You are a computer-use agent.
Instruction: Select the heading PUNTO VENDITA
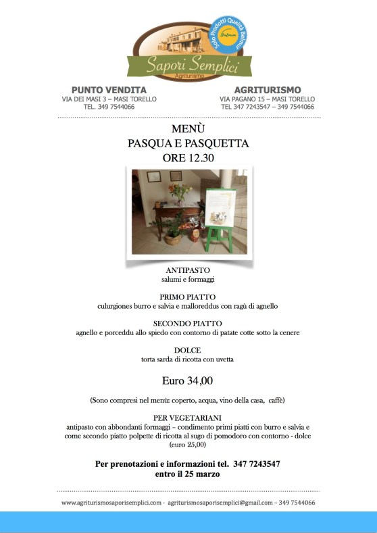tap(109, 90)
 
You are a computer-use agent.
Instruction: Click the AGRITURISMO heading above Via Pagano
tap(268, 90)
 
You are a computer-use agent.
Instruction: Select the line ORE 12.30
tap(188, 158)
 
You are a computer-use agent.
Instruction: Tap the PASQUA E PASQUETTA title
tap(188, 143)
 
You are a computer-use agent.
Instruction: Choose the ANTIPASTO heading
tap(188, 270)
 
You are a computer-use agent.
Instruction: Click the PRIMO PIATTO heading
tap(188, 297)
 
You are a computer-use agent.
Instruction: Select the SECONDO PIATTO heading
tap(188, 324)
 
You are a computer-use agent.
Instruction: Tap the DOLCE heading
tap(188, 350)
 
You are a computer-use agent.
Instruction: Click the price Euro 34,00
tap(188, 379)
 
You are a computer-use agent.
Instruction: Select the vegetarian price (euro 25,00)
tap(188, 445)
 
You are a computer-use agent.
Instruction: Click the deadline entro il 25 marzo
tap(188, 474)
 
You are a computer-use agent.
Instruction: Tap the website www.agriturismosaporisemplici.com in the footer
tap(111, 503)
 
